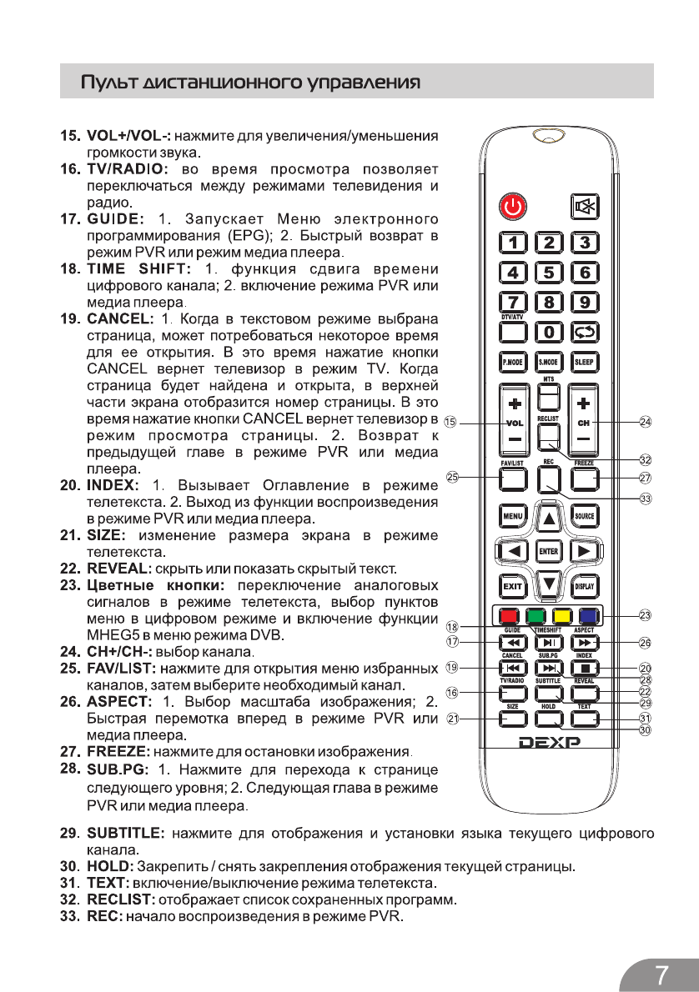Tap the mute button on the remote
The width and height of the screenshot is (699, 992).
tap(584, 206)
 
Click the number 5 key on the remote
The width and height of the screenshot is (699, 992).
tap(549, 272)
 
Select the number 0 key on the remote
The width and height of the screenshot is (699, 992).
tap(549, 332)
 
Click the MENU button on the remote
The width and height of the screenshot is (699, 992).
tap(512, 516)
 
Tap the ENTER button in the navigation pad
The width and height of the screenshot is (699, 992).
tap(548, 551)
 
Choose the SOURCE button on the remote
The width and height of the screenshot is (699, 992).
tap(584, 516)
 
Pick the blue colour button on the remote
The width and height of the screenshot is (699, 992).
tap(587, 617)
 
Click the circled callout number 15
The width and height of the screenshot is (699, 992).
tap(450, 423)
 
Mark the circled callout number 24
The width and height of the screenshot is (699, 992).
tap(645, 423)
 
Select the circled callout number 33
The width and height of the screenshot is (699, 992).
tap(645, 499)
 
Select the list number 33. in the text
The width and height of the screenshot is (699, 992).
tap(69, 917)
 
